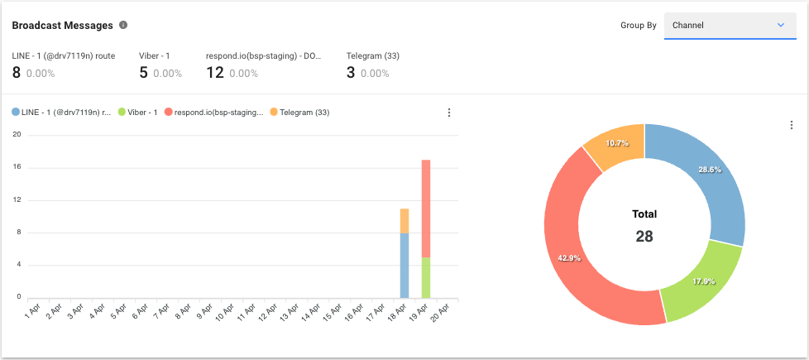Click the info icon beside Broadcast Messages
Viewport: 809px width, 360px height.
click(123, 25)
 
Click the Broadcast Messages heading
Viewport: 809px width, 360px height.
click(62, 26)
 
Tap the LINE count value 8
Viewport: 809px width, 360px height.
click(16, 73)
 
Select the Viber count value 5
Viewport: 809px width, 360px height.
click(143, 73)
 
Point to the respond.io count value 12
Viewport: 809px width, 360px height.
click(215, 73)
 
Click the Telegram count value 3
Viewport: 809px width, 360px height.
click(351, 73)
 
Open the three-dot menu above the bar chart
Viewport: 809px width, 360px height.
click(449, 113)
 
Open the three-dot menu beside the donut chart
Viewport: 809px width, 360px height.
click(792, 125)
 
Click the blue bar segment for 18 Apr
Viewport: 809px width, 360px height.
click(404, 265)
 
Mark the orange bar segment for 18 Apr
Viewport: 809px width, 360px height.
click(404, 220)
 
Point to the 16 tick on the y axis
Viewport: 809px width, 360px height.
click(17, 167)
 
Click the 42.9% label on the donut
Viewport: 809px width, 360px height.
click(570, 258)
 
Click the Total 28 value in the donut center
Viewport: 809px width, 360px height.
click(644, 236)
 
